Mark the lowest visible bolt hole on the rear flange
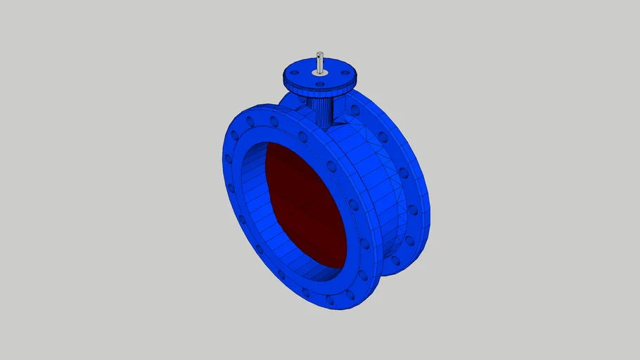(x=395, y=262)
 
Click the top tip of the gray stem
(x=319, y=53)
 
